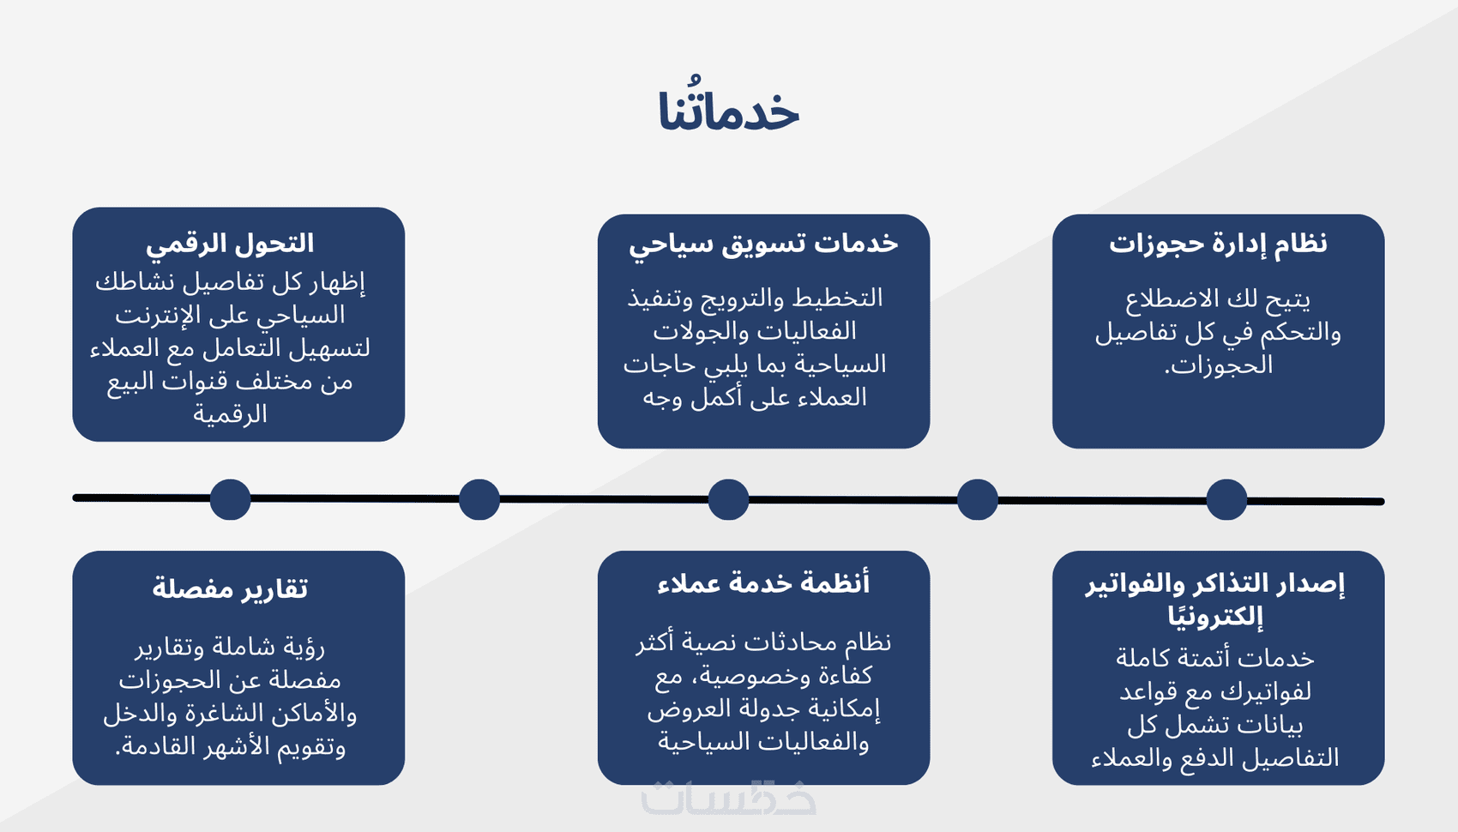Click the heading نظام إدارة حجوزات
[x=1218, y=244]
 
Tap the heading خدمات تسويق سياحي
[x=763, y=244]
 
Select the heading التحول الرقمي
[x=230, y=244]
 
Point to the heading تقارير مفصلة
[x=230, y=588]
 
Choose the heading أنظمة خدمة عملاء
[x=763, y=582]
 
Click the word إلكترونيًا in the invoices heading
[x=1214, y=616]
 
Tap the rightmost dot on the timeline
[x=1226, y=499]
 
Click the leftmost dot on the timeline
[x=231, y=499]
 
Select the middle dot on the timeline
[x=728, y=499]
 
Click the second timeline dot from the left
[x=479, y=499]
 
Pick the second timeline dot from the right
[x=977, y=499]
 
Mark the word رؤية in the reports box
[x=304, y=648]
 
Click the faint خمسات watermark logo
[x=728, y=798]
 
